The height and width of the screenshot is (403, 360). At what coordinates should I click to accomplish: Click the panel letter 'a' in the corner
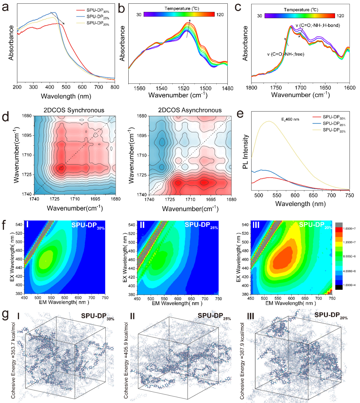(5, 7)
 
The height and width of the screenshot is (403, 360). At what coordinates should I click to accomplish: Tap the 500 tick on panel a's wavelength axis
(66, 87)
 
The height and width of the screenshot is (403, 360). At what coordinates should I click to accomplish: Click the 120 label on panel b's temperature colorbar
(220, 15)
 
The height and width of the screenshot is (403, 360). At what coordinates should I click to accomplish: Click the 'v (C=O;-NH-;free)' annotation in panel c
(285, 54)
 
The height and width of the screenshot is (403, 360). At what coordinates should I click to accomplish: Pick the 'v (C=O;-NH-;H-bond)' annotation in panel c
(318, 25)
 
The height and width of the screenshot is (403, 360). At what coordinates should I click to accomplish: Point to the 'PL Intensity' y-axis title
(246, 151)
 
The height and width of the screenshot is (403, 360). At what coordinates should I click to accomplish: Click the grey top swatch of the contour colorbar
(339, 225)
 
